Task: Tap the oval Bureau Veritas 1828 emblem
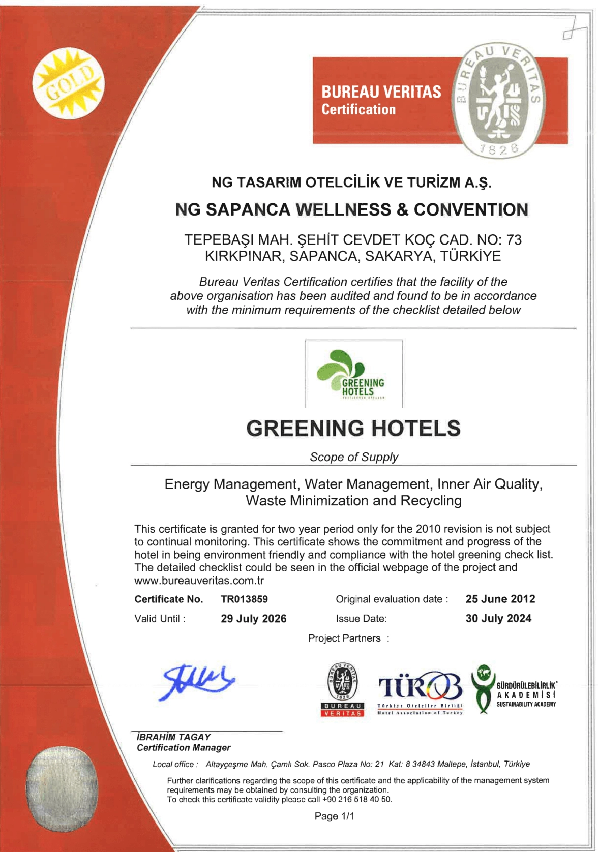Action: (497, 101)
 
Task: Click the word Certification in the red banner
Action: (358, 110)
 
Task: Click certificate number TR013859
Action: (244, 599)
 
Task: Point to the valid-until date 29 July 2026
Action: (253, 619)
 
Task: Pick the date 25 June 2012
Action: (500, 599)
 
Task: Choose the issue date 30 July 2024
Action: (498, 619)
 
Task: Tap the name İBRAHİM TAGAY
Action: (173, 737)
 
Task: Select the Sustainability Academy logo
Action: (514, 689)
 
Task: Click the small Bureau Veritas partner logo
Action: (342, 689)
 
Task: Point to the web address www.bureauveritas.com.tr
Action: (199, 581)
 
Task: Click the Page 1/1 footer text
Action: (334, 816)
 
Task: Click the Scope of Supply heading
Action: (354, 457)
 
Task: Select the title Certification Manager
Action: (184, 748)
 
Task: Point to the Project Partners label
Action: (344, 638)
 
